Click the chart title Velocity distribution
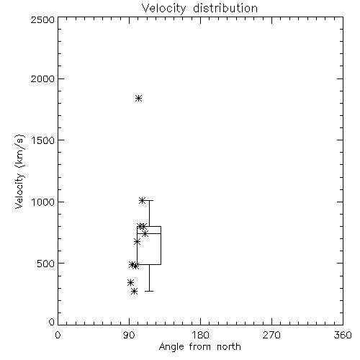point(199,9)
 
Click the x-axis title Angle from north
point(199,347)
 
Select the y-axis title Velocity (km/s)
point(19,171)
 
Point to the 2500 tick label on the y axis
point(42,19)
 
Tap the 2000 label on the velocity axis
point(42,78)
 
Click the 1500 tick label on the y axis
point(43,140)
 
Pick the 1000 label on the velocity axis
point(43,202)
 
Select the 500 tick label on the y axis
point(46,264)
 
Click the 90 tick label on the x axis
point(130,335)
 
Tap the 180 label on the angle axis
point(200,335)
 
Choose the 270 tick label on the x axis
point(271,335)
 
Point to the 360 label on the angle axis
point(343,335)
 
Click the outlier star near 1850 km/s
point(138,98)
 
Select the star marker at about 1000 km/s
point(142,200)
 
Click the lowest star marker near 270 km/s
point(134,292)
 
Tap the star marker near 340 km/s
point(130,282)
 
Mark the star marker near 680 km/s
point(137,241)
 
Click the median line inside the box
point(149,233)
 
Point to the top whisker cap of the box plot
point(149,200)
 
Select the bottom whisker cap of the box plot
point(149,292)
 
